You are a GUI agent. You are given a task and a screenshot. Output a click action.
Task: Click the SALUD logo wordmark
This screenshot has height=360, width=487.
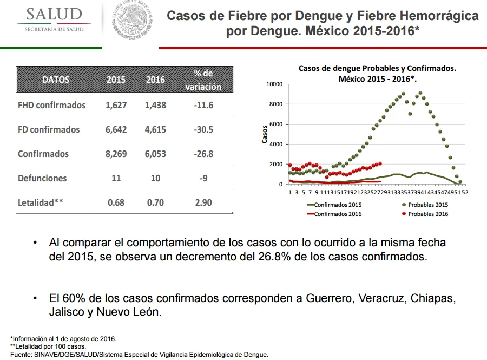tap(54, 15)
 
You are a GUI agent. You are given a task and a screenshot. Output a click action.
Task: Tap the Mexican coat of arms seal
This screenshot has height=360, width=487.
tap(133, 19)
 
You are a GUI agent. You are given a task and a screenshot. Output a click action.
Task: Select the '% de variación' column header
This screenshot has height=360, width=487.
tap(203, 80)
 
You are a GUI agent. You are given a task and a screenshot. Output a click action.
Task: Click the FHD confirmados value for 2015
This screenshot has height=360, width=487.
tap(116, 106)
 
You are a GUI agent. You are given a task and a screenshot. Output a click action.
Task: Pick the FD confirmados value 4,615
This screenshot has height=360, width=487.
tap(155, 129)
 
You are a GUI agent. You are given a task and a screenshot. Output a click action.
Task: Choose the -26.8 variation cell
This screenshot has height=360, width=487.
tap(203, 154)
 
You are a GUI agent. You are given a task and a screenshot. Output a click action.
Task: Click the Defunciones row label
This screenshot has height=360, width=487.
tap(42, 178)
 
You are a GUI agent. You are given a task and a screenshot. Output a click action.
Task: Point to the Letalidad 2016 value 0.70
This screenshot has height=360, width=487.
tap(155, 203)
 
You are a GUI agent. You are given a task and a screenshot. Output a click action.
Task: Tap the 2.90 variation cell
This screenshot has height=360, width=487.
tap(203, 203)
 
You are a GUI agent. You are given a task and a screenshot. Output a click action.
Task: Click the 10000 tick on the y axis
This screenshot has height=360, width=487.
tap(274, 84)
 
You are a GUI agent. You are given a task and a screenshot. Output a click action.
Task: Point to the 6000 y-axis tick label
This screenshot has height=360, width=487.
tap(276, 125)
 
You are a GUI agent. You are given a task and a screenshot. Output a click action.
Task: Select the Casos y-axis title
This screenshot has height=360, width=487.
tap(265, 134)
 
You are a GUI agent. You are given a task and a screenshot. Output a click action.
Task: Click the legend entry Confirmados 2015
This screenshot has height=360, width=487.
tap(334, 205)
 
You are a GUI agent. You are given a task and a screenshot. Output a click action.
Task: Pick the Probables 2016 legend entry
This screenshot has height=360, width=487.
tap(425, 214)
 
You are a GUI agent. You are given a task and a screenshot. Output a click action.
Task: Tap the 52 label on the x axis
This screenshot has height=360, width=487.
tap(465, 192)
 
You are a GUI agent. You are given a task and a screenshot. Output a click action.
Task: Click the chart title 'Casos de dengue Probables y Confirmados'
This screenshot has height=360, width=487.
tap(377, 68)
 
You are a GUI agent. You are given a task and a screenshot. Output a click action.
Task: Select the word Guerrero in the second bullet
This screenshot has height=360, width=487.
tap(330, 298)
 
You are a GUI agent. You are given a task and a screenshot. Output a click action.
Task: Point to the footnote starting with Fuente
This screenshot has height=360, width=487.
tap(140, 355)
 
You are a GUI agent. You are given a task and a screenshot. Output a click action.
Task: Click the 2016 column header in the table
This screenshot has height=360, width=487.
tap(155, 80)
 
